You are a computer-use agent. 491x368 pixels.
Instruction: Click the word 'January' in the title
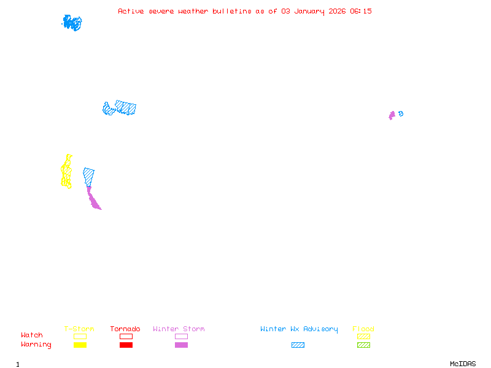[x=309, y=12]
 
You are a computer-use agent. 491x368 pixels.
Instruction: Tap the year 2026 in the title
[x=337, y=11]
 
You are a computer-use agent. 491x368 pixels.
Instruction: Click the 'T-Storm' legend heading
[x=79, y=329]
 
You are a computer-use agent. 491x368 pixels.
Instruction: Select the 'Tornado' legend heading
[x=125, y=329]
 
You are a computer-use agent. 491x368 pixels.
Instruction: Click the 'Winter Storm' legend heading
[x=179, y=329]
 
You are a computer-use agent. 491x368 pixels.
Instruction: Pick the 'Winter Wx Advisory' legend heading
[x=299, y=329]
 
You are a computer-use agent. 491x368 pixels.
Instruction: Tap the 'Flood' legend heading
[x=363, y=329]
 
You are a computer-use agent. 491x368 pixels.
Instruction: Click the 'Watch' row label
[x=32, y=335]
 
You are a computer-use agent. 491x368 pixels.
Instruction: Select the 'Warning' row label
[x=36, y=345]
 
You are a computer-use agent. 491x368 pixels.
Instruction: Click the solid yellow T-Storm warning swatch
[x=80, y=345]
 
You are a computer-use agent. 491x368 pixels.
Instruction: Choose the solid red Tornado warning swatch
[x=126, y=345]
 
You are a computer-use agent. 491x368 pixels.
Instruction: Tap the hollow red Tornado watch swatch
[x=126, y=336]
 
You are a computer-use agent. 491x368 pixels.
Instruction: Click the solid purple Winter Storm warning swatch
[x=181, y=345]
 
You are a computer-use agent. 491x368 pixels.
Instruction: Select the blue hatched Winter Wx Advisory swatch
[x=298, y=345]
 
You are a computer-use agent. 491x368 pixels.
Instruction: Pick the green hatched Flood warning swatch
[x=363, y=345]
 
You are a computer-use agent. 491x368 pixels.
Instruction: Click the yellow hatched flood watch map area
[x=66, y=172]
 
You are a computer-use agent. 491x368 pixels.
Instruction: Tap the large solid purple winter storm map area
[x=93, y=199]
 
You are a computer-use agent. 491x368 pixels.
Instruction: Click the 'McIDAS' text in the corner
[x=463, y=364]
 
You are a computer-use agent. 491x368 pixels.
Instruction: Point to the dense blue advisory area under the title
[x=72, y=23]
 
